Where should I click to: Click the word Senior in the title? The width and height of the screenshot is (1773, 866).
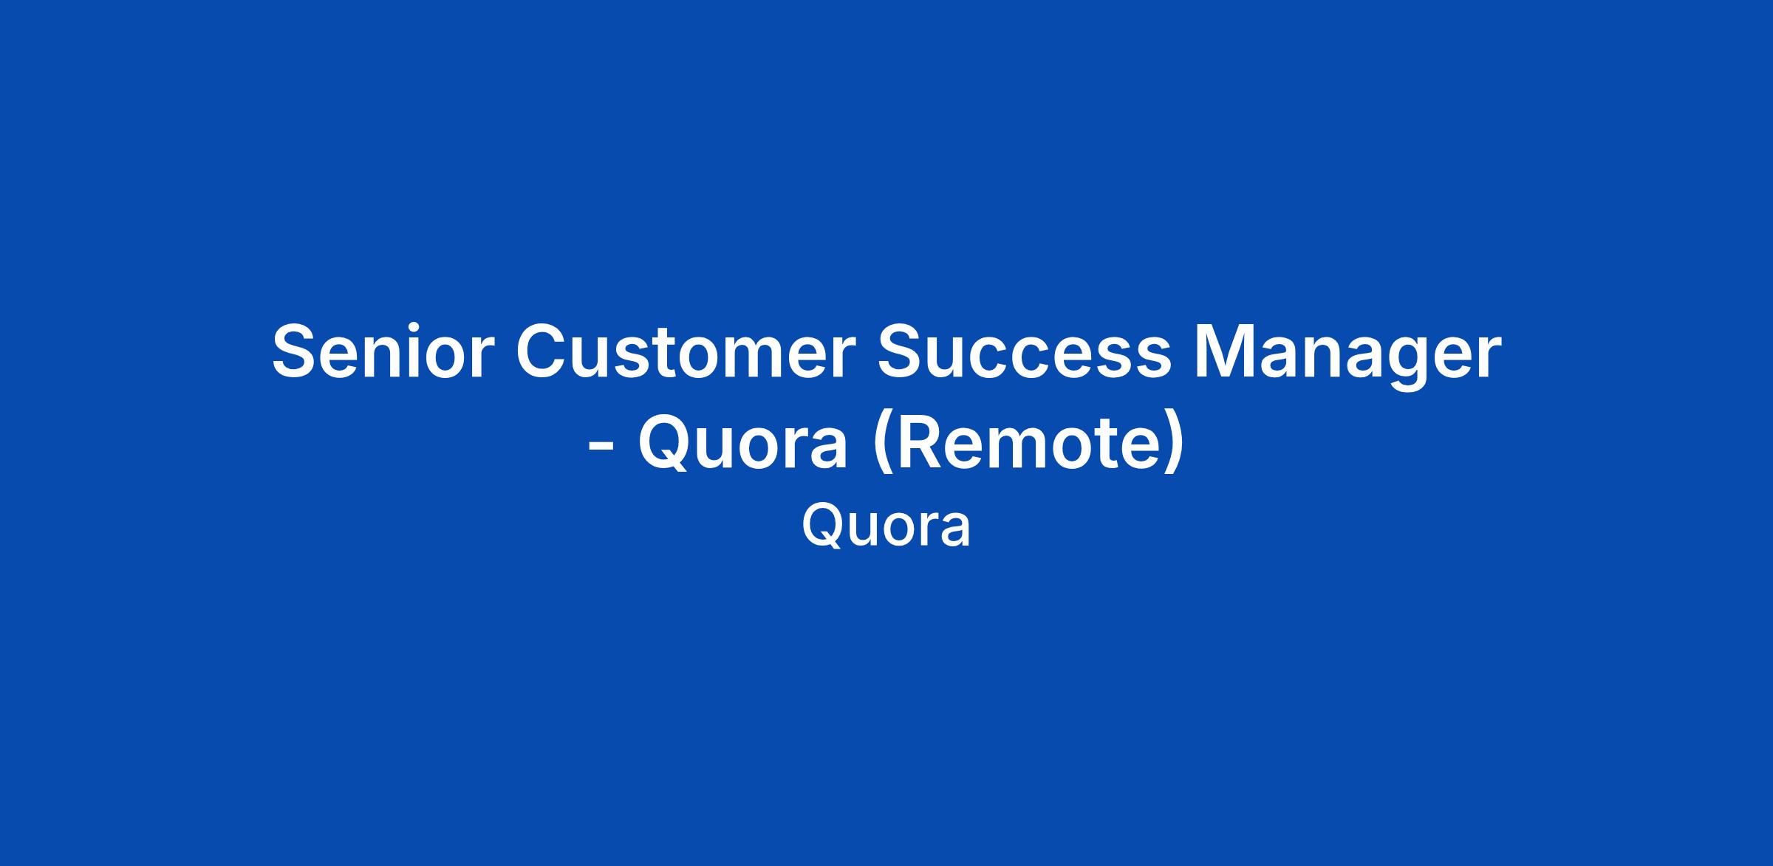point(381,352)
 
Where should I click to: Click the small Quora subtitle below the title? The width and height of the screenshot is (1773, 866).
point(886,526)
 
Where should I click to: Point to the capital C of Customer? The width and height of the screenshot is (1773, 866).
point(544,352)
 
